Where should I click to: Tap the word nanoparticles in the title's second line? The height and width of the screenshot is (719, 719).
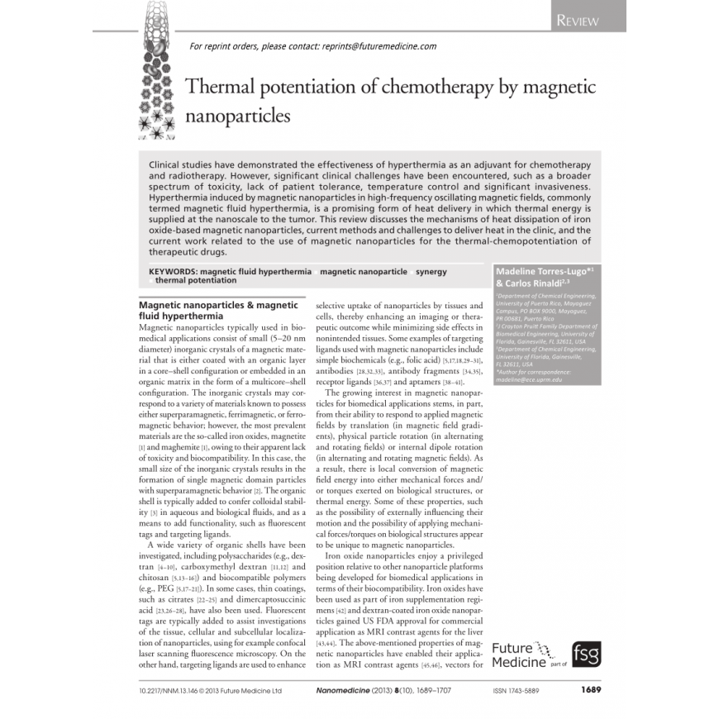tap(238, 116)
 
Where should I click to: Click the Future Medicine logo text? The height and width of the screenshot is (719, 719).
tap(519, 655)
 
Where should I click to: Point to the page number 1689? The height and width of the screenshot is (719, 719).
tap(589, 689)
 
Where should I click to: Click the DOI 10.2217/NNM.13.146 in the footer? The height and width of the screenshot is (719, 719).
tap(176, 689)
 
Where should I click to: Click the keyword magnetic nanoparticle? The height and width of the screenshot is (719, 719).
tap(364, 271)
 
